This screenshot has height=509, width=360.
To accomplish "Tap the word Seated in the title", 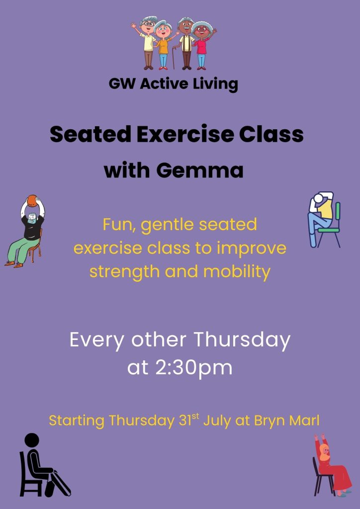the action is pyautogui.click(x=90, y=134).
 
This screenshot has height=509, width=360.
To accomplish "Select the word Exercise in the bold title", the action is pyautogui.click(x=185, y=134).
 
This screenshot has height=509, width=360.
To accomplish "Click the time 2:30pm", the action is pyautogui.click(x=193, y=368).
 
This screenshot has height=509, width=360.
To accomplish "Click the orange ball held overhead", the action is pyautogui.click(x=32, y=201).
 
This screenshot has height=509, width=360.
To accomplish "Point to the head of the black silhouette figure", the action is pyautogui.click(x=32, y=440).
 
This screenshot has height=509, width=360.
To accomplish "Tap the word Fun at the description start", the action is pyautogui.click(x=119, y=225).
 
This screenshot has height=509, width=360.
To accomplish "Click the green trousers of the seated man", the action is pyautogui.click(x=23, y=250).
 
